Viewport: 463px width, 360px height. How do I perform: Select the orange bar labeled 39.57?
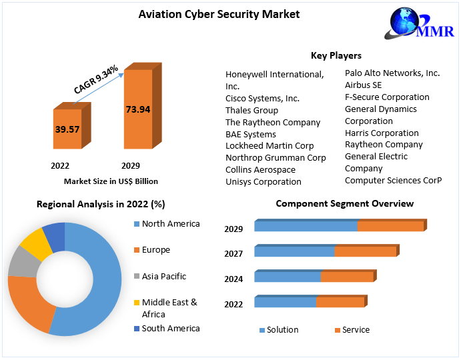[x=67, y=129]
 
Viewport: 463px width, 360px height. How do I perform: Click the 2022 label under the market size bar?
[x=60, y=165]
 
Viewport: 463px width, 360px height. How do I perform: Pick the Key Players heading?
[x=336, y=55]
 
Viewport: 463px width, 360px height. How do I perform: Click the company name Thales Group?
[x=252, y=110]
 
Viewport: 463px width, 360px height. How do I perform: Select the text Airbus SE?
[x=363, y=85]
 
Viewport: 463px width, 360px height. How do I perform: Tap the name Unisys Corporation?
[x=263, y=181]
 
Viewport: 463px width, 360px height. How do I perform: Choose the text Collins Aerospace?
[x=260, y=169]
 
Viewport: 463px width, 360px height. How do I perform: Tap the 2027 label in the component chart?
[x=234, y=254]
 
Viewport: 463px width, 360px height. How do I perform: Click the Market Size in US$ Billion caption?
[x=111, y=181]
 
